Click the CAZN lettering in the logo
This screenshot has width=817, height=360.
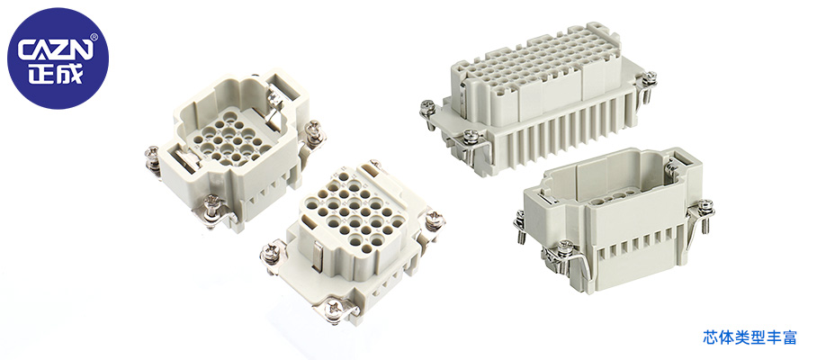click(57, 50)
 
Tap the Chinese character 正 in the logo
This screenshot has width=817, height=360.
click(41, 74)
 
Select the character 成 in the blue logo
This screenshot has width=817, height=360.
click(70, 74)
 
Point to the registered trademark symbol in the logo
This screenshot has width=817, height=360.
click(94, 37)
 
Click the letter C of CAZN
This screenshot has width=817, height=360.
click(27, 51)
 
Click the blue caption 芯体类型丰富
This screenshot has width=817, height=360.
click(750, 337)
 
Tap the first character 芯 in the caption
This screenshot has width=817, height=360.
click(711, 337)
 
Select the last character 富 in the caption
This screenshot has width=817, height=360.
click(789, 337)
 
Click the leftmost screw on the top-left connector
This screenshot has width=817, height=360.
click(152, 156)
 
